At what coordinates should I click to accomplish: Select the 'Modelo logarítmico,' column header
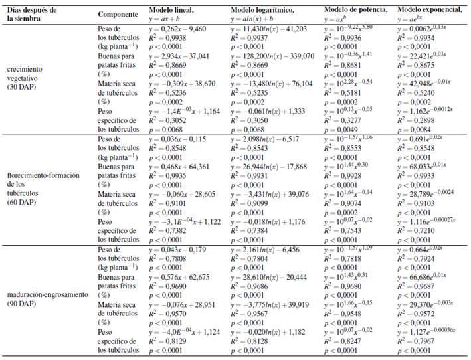(x=262, y=10)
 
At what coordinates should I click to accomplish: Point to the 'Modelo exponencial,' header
(x=430, y=10)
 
